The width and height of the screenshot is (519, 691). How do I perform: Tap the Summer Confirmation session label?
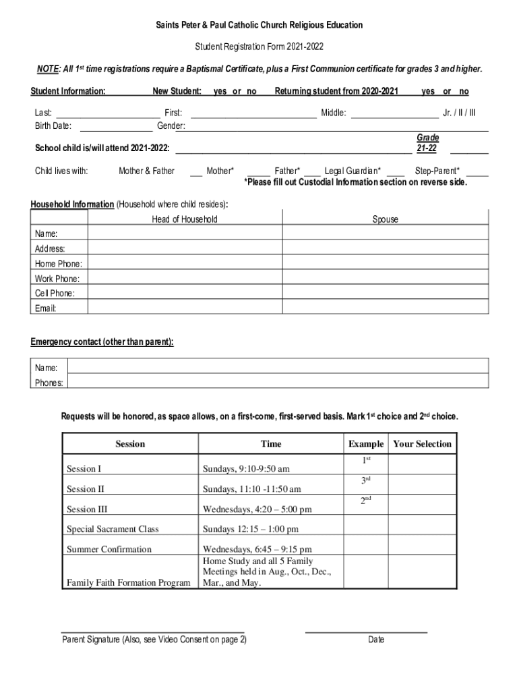pyautogui.click(x=109, y=549)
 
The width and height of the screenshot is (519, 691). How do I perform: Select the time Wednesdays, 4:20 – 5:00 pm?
pyautogui.click(x=257, y=509)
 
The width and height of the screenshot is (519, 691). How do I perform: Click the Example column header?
pyautogui.click(x=366, y=444)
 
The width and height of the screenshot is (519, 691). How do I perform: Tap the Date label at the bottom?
pyautogui.click(x=376, y=640)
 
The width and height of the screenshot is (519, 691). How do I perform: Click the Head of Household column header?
pyautogui.click(x=185, y=219)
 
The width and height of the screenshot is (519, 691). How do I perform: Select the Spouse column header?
pyautogui.click(x=386, y=219)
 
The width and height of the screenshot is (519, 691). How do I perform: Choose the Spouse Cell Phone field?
pyautogui.click(x=386, y=293)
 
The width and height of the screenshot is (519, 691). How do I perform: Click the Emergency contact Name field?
pyautogui.click(x=278, y=367)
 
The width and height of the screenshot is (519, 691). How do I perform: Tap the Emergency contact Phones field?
pyautogui.click(x=278, y=382)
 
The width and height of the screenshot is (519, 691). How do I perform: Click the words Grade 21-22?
pyautogui.click(x=427, y=143)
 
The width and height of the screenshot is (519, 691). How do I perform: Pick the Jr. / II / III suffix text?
pyautogui.click(x=459, y=113)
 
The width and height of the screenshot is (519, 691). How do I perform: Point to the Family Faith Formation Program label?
pyautogui.click(x=128, y=582)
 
